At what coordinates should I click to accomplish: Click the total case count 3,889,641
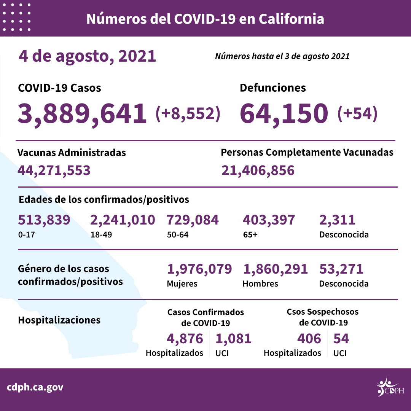coord(82,113)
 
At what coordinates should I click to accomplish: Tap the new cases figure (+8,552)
coord(188,113)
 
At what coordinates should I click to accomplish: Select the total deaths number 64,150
coord(284,113)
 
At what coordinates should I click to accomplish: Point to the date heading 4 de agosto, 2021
coord(87,56)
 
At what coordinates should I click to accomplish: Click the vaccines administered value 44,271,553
coord(54,170)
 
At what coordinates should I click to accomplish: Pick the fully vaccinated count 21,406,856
coord(258,170)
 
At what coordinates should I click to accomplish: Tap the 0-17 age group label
coord(26,234)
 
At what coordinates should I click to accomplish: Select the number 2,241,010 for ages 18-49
coord(123,220)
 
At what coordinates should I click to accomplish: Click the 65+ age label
coord(250,234)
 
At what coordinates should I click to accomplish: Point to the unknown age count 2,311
coord(337,220)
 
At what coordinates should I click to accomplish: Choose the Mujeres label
coord(182,284)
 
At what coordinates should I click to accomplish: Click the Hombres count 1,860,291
coord(275,269)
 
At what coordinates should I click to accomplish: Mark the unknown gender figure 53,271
coord(341,269)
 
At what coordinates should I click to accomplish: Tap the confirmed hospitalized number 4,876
coord(185,338)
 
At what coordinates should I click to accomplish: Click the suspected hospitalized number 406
coord(309,338)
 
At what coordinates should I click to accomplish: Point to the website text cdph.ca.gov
coord(35,387)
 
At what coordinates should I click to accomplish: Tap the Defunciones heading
coord(272,88)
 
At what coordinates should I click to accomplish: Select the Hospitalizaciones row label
coord(59,320)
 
